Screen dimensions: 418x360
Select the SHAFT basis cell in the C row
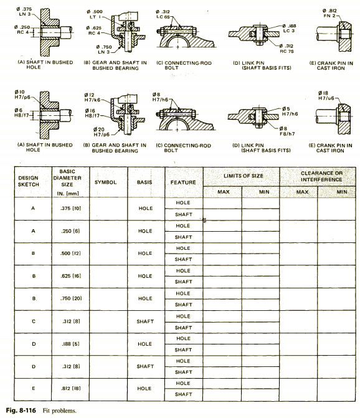point(145,321)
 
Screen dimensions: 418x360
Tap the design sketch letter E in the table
point(33,388)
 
